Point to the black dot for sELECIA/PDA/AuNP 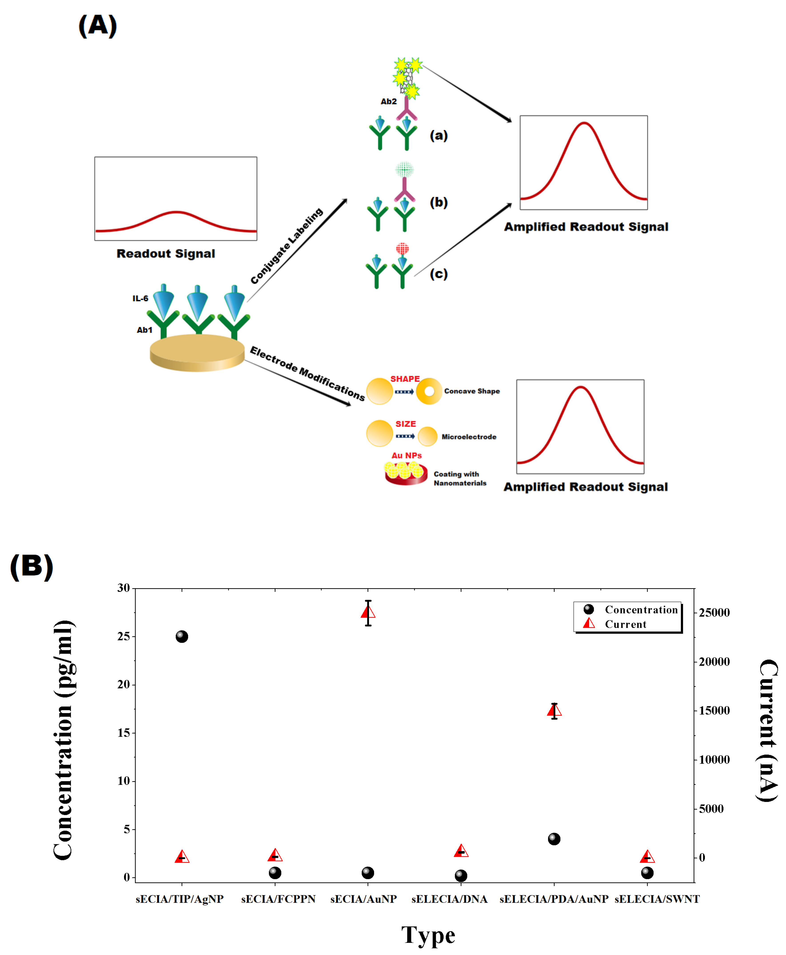554,839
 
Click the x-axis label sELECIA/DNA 449,899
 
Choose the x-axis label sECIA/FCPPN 278,899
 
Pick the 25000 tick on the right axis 714,612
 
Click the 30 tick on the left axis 124,588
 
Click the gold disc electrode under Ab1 197,353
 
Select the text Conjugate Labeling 287,246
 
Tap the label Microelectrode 469,437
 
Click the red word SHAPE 405,379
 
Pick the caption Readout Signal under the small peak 166,254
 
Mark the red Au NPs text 407,455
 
